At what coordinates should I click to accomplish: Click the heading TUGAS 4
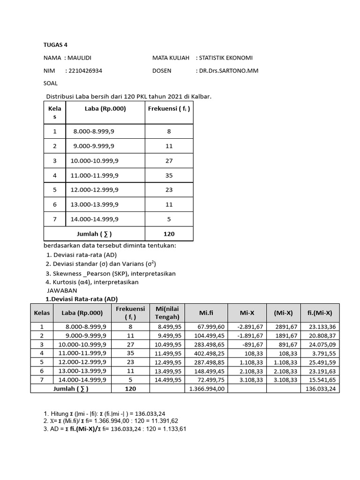pyautogui.click(x=55, y=45)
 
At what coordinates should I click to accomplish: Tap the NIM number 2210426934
pyautogui.click(x=85, y=71)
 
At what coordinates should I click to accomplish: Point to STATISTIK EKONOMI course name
pyautogui.click(x=226, y=58)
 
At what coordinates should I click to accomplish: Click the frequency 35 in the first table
pyautogui.click(x=169, y=175)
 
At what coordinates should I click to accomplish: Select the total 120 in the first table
pyautogui.click(x=169, y=233)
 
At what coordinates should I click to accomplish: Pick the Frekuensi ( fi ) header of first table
pyautogui.click(x=169, y=108)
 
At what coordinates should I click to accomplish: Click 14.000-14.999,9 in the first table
pyautogui.click(x=94, y=219)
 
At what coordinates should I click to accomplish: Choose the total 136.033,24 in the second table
pyautogui.click(x=320, y=389)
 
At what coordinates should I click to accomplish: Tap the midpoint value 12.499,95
pyautogui.click(x=167, y=362)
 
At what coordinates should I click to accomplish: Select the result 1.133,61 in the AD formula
pyautogui.click(x=174, y=428)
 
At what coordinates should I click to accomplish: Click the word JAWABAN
pyautogui.click(x=62, y=291)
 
